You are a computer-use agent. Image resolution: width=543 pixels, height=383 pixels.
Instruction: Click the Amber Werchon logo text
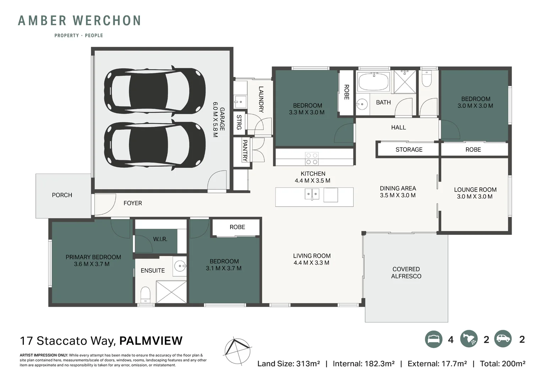click(x=80, y=21)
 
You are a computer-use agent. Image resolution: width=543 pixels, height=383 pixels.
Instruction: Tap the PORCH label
click(x=62, y=195)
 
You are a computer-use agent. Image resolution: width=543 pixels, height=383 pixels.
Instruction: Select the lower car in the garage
click(x=155, y=145)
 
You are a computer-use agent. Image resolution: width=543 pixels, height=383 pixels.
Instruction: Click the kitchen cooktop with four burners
click(x=312, y=159)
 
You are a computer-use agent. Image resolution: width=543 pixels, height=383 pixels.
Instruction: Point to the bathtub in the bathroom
click(x=373, y=82)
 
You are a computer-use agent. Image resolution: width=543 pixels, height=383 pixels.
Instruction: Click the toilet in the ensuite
click(x=146, y=294)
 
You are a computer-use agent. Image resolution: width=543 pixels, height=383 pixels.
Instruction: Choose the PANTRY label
click(x=245, y=150)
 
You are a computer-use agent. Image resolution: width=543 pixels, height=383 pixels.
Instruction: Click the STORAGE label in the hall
click(x=409, y=150)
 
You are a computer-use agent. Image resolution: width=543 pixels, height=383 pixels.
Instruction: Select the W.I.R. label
click(x=160, y=239)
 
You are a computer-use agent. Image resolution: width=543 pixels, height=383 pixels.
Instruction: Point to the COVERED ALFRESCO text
click(x=406, y=273)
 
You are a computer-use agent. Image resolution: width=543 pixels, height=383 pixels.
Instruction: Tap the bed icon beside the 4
click(x=433, y=339)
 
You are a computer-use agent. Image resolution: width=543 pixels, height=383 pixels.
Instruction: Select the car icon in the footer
click(x=503, y=339)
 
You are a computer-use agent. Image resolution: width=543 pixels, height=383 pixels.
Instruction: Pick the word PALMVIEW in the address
click(x=151, y=341)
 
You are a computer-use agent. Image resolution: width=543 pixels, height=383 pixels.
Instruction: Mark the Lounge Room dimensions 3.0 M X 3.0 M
click(x=474, y=196)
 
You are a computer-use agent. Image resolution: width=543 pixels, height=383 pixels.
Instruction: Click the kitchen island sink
click(x=312, y=194)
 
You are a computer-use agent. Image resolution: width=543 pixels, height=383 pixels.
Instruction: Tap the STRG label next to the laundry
click(x=239, y=122)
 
